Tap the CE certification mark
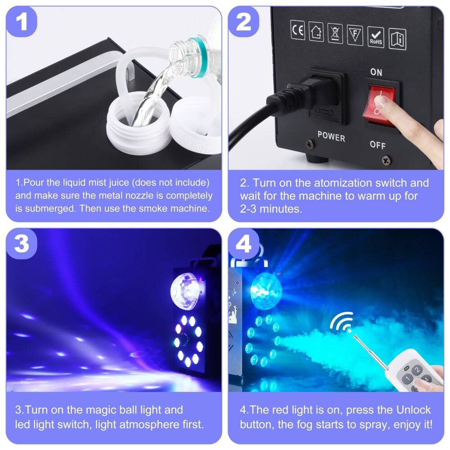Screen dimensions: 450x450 (297, 31)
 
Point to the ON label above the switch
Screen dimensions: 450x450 (376, 72)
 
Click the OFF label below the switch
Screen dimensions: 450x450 (378, 144)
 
